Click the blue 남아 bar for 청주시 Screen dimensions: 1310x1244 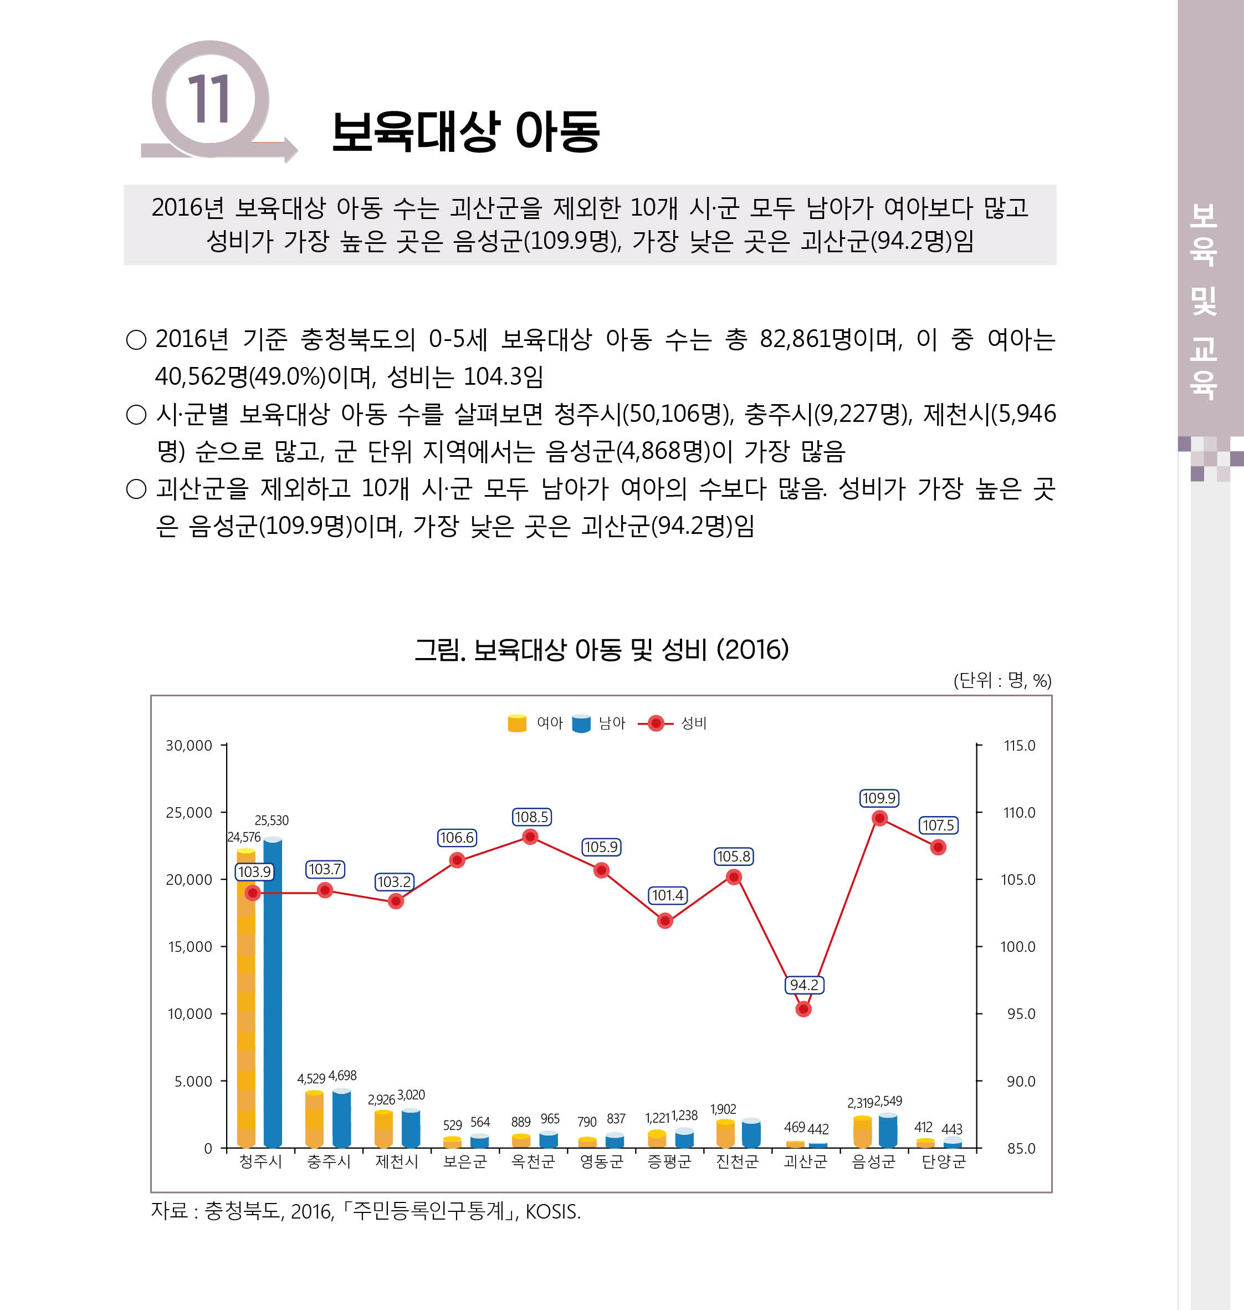coord(273,995)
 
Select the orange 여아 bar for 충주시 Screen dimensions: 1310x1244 coord(314,1120)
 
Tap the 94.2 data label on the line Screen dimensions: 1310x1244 coord(803,985)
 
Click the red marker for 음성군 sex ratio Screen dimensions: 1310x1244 coord(879,818)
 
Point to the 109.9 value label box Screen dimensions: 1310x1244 coord(879,798)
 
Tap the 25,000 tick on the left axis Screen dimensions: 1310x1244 coord(189,813)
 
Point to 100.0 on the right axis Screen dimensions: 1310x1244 coord(1017,946)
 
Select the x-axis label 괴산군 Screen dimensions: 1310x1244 coord(805,1161)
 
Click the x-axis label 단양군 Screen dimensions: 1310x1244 coord(943,1161)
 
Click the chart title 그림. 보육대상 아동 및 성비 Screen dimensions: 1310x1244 coord(601,649)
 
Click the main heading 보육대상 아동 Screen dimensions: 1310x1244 coord(465,131)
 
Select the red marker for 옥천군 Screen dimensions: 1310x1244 coord(530,837)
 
